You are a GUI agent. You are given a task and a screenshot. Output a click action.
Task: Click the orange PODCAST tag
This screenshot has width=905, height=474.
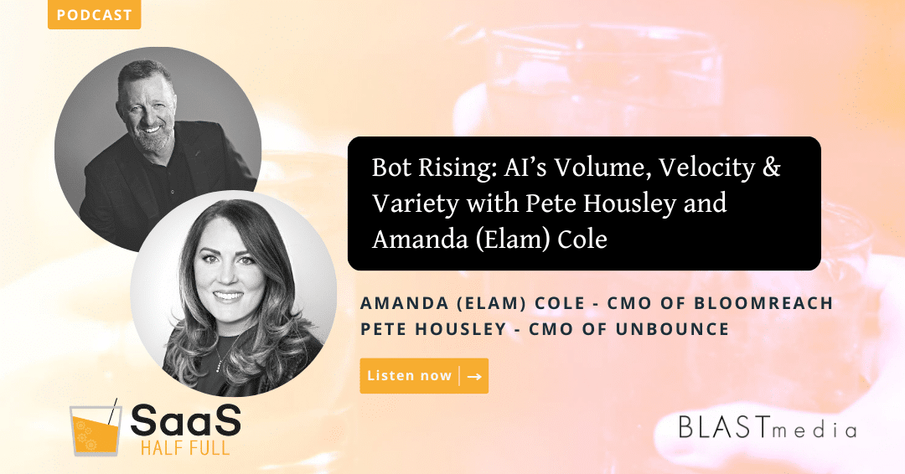pyautogui.click(x=94, y=15)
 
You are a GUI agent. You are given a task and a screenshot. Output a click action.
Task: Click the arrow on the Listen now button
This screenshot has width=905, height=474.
pyautogui.click(x=474, y=377)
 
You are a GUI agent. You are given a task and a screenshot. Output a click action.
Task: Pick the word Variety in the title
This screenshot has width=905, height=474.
pyautogui.click(x=407, y=204)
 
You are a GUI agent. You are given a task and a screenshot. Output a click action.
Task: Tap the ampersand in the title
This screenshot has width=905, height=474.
pyautogui.click(x=772, y=167)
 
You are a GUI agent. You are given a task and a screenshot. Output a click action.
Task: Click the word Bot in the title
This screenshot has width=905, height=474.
pyautogui.click(x=390, y=167)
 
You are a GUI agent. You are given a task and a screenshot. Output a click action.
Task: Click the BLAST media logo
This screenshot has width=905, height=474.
pyautogui.click(x=767, y=429)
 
